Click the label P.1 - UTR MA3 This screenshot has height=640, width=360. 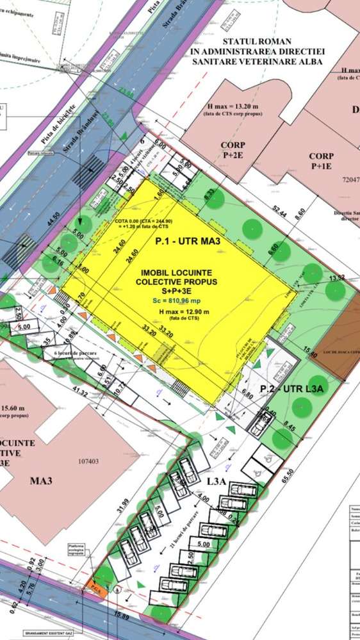[188, 242]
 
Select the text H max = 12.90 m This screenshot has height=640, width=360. [177, 311]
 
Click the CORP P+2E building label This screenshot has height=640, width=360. [233, 149]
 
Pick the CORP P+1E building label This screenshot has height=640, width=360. [321, 161]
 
